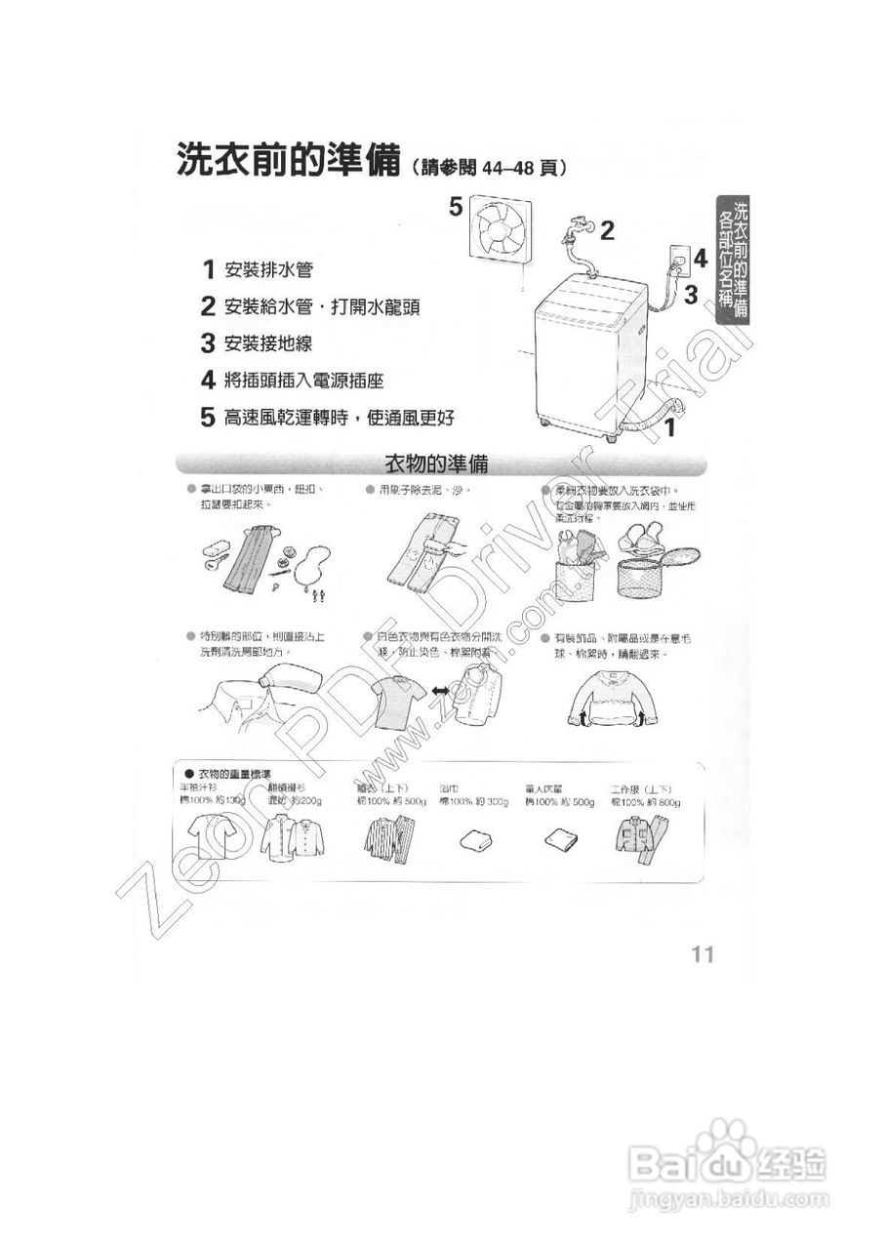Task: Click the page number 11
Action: point(703,953)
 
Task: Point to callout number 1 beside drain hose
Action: point(670,425)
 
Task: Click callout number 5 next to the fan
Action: point(455,206)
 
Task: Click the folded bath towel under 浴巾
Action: point(478,838)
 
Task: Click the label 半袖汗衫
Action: point(198,787)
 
